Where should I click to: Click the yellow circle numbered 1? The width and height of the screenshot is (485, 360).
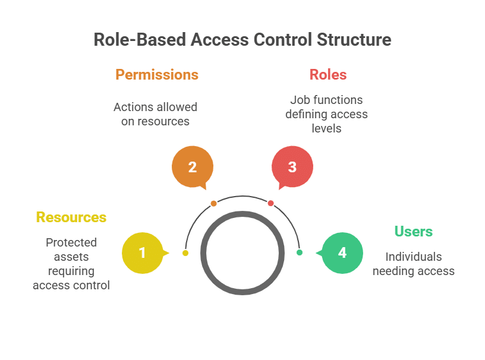tap(143, 253)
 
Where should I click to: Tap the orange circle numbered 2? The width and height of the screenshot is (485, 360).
tap(193, 167)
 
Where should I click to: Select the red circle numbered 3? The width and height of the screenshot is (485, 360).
tap(292, 167)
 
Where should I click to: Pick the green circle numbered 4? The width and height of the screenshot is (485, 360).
tap(342, 253)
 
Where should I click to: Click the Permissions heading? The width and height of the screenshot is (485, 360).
tap(157, 75)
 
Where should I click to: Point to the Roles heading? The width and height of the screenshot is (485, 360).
tap(328, 75)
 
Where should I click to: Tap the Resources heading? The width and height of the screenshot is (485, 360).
tap(71, 217)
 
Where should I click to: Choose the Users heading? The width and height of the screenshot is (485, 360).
tap(414, 232)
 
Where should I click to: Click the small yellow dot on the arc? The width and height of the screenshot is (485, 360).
tap(185, 253)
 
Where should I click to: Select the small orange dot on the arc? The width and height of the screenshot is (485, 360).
tap(213, 203)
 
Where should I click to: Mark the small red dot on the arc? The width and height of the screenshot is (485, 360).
tap(270, 203)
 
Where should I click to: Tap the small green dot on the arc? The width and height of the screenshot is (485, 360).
tap(300, 252)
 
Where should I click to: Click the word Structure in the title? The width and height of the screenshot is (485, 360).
tap(354, 40)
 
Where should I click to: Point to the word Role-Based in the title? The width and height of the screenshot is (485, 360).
tap(140, 40)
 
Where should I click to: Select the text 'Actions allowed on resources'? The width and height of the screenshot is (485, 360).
tap(155, 114)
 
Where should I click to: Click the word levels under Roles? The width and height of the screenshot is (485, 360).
tap(326, 128)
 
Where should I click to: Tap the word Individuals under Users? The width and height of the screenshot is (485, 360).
tap(414, 257)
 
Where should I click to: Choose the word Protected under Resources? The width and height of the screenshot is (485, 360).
tap(71, 242)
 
